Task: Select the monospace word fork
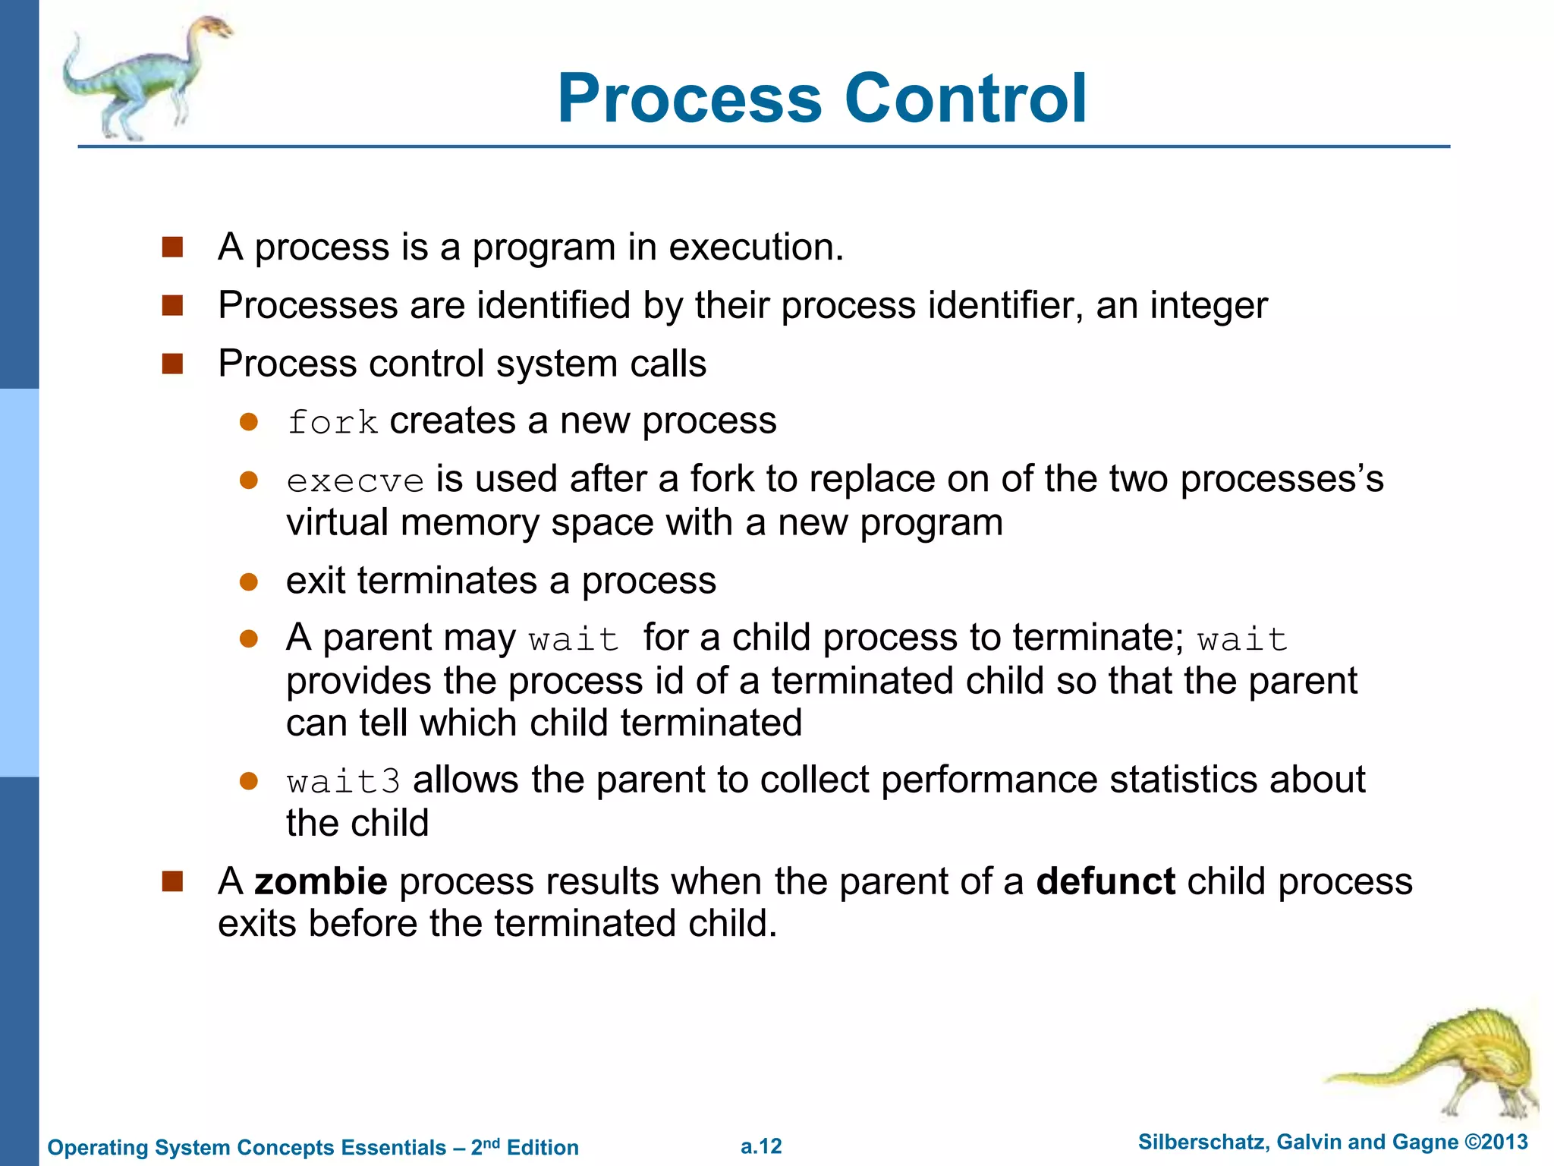[x=332, y=423]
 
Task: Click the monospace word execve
[x=355, y=481]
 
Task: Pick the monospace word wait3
[x=343, y=782]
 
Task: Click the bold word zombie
[x=321, y=881]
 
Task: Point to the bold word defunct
[x=1106, y=881]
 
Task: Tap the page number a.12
[x=761, y=1146]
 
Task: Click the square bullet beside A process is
[x=172, y=247]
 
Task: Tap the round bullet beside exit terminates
[x=249, y=582]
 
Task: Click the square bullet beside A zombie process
[x=172, y=881]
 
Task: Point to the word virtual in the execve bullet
[x=337, y=523]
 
